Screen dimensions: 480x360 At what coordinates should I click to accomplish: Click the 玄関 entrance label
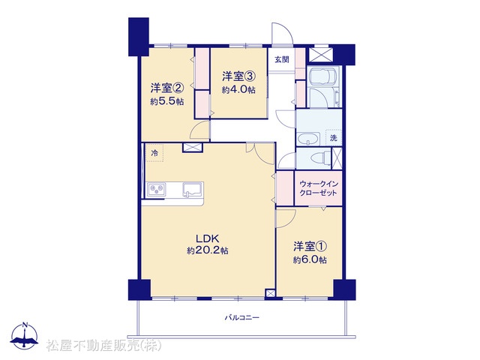pyautogui.click(x=281, y=59)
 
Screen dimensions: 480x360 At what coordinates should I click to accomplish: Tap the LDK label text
pyautogui.click(x=207, y=238)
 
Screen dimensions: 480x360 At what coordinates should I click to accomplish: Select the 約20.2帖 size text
pyautogui.click(x=208, y=250)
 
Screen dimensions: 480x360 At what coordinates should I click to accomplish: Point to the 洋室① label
pyautogui.click(x=310, y=246)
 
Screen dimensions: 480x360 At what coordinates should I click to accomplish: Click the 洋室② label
pyautogui.click(x=167, y=88)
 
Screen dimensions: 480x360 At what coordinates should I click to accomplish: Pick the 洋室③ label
pyautogui.click(x=238, y=76)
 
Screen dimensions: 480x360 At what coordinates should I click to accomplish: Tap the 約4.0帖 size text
pyautogui.click(x=238, y=90)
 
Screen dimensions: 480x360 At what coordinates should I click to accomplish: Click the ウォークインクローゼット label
pyautogui.click(x=318, y=188)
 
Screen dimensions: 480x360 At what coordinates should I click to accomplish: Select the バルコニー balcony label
pyautogui.click(x=242, y=317)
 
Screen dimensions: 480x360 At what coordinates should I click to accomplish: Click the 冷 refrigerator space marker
pyautogui.click(x=154, y=153)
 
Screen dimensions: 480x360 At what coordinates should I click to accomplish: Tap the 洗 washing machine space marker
pyautogui.click(x=333, y=138)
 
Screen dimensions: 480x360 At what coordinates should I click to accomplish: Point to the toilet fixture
pyautogui.click(x=320, y=158)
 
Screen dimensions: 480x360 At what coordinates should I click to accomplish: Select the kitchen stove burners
pyautogui.click(x=157, y=190)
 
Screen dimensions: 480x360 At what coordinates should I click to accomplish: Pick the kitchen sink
pyautogui.click(x=192, y=189)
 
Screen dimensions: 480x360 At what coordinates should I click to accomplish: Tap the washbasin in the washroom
pyautogui.click(x=308, y=139)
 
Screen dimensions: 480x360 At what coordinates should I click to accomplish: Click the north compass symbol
pyautogui.click(x=25, y=335)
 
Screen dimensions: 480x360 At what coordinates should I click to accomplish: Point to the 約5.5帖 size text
pyautogui.click(x=167, y=101)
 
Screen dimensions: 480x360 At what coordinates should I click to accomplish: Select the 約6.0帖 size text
pyautogui.click(x=310, y=260)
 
